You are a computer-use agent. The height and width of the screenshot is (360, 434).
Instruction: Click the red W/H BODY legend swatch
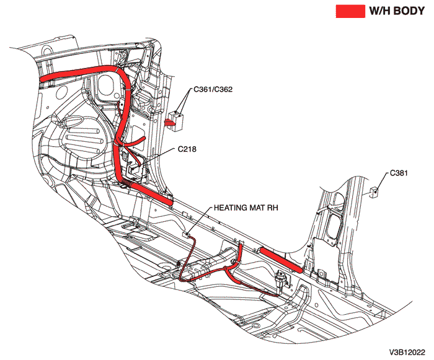[x=350, y=11]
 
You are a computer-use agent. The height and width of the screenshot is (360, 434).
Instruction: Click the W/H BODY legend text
[x=397, y=11]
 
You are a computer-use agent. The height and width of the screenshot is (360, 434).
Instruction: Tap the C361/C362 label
[x=213, y=90]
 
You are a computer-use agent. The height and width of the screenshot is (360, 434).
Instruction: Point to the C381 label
[x=401, y=173]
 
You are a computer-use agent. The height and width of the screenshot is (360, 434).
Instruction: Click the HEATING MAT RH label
[x=246, y=208]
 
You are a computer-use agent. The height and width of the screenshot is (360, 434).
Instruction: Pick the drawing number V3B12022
[x=410, y=351]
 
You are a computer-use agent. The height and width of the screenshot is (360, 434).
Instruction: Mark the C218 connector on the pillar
[x=134, y=166]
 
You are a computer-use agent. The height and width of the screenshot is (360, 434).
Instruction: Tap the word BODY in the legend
[x=410, y=11]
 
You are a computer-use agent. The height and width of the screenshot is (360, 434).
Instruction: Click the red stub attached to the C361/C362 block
[x=169, y=123]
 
